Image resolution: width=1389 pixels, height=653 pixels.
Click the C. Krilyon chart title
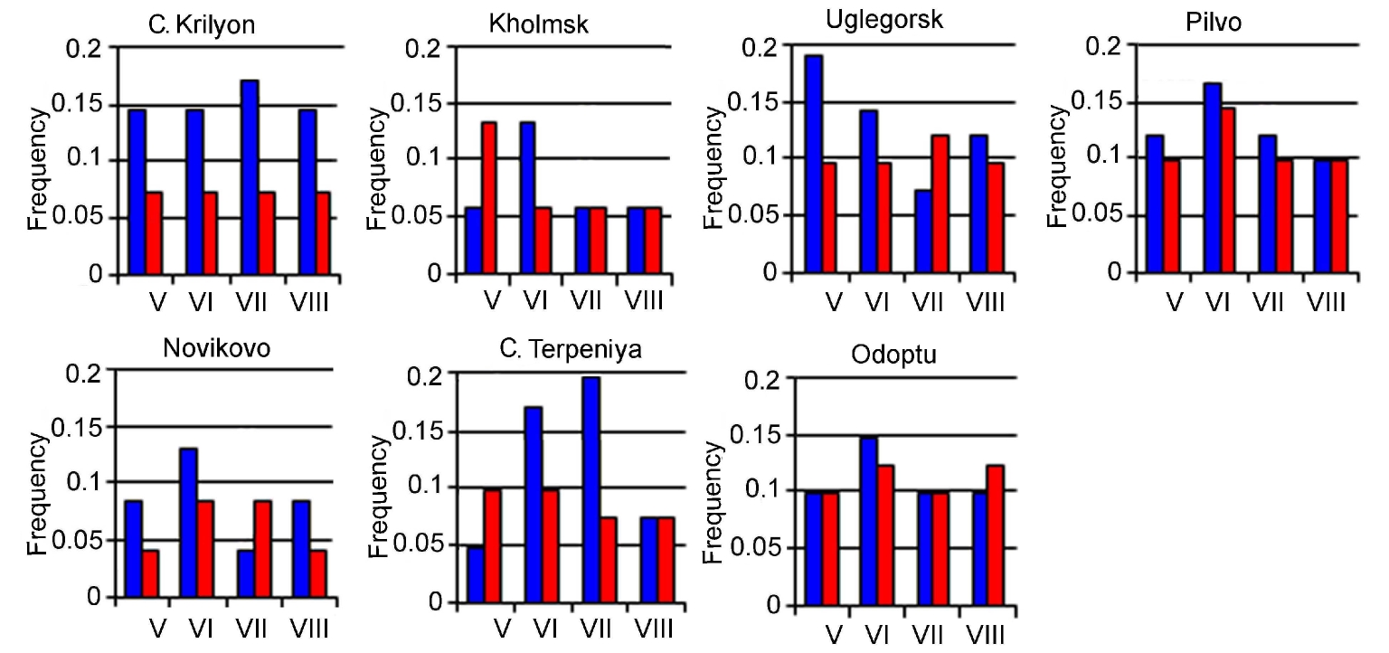click(x=202, y=24)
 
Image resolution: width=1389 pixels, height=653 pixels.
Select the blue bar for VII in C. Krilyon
click(x=250, y=177)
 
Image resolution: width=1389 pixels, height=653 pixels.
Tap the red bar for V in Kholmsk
click(x=488, y=198)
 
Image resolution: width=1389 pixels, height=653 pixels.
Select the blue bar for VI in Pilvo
click(x=1213, y=178)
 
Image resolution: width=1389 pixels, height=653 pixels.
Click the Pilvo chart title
click(x=1213, y=23)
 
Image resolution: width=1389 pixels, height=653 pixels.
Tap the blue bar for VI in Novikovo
click(x=188, y=523)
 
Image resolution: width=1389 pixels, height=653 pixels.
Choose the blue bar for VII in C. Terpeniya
click(x=591, y=489)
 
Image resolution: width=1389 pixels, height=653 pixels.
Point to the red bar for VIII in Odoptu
click(x=995, y=535)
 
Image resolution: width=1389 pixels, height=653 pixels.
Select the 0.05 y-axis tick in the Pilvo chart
click(x=1097, y=216)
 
